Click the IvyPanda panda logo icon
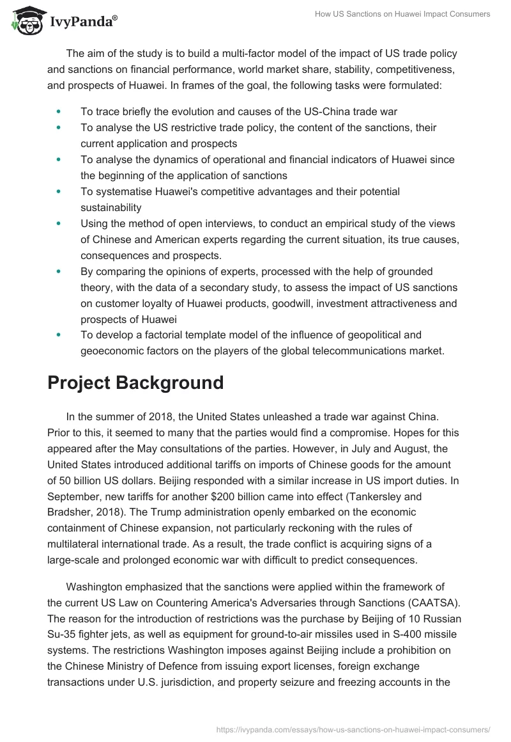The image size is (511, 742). click(26, 20)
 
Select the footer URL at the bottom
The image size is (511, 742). click(353, 729)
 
